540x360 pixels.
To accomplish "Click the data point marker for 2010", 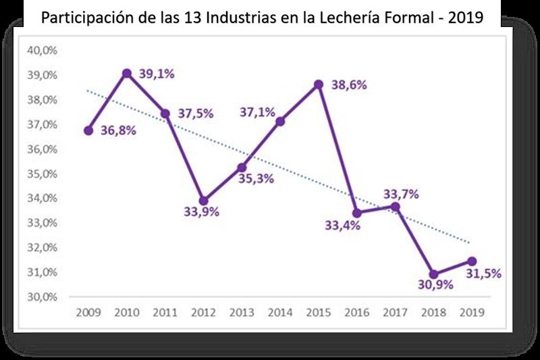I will coord(127,73).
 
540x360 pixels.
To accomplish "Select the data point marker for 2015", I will coord(319,84).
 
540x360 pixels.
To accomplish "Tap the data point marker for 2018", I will coord(434,274).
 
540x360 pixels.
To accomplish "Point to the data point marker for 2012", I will coord(204,201).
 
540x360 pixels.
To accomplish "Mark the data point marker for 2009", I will coord(88,130).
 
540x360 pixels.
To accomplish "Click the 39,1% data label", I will coord(157,74).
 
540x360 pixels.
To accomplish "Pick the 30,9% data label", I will coord(435,285).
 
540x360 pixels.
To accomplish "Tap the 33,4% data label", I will coord(342,226).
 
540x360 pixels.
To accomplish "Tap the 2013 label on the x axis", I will coord(242,313).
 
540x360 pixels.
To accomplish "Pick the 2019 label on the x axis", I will coord(471,313).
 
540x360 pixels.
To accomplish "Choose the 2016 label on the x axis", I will coord(356,313).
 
